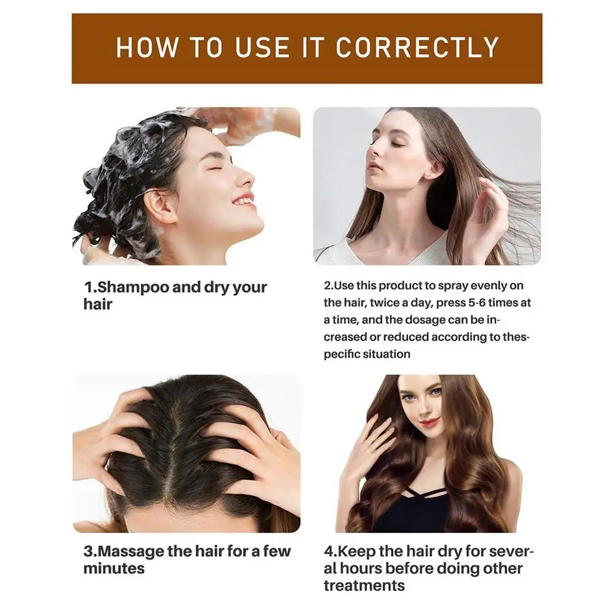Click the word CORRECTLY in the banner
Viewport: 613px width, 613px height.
coord(417,48)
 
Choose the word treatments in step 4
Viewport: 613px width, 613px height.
coord(364,585)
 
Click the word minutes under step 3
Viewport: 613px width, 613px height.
coord(114,568)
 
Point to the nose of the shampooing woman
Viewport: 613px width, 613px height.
coord(245,178)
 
